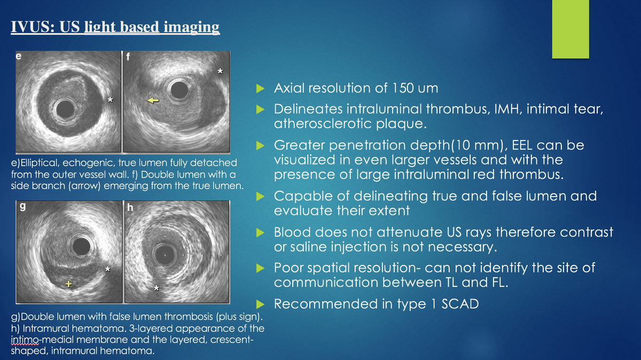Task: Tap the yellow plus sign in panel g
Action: (x=68, y=284)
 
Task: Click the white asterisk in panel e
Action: (x=110, y=100)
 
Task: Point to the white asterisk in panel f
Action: (x=220, y=71)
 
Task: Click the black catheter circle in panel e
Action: (x=66, y=110)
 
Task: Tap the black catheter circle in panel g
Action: (x=81, y=246)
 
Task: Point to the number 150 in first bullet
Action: (x=407, y=88)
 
